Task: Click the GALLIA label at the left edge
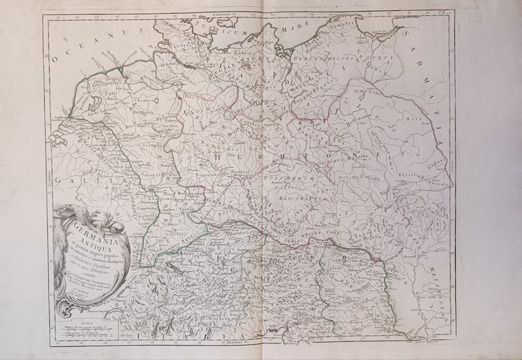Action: click(71, 183)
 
